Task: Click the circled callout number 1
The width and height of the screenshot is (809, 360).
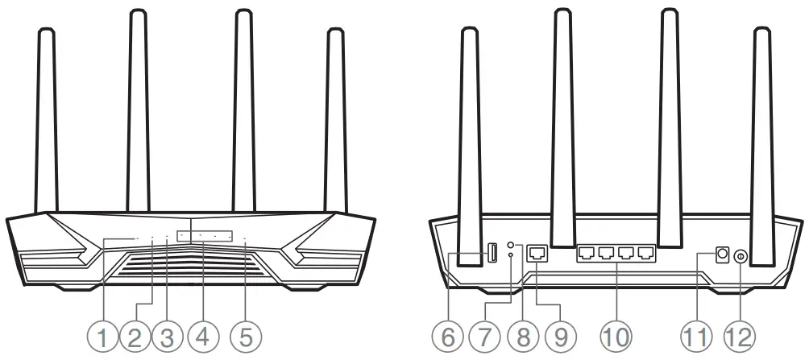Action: pos(102,336)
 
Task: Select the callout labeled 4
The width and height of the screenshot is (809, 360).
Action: pos(202,336)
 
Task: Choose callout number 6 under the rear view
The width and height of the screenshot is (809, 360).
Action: pos(450,336)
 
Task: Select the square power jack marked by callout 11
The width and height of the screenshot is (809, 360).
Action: pos(722,254)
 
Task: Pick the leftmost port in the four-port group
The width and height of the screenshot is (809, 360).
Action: pos(586,253)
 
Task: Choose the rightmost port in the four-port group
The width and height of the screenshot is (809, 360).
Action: pos(645,253)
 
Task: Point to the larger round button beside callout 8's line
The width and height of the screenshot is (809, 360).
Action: pos(511,244)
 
